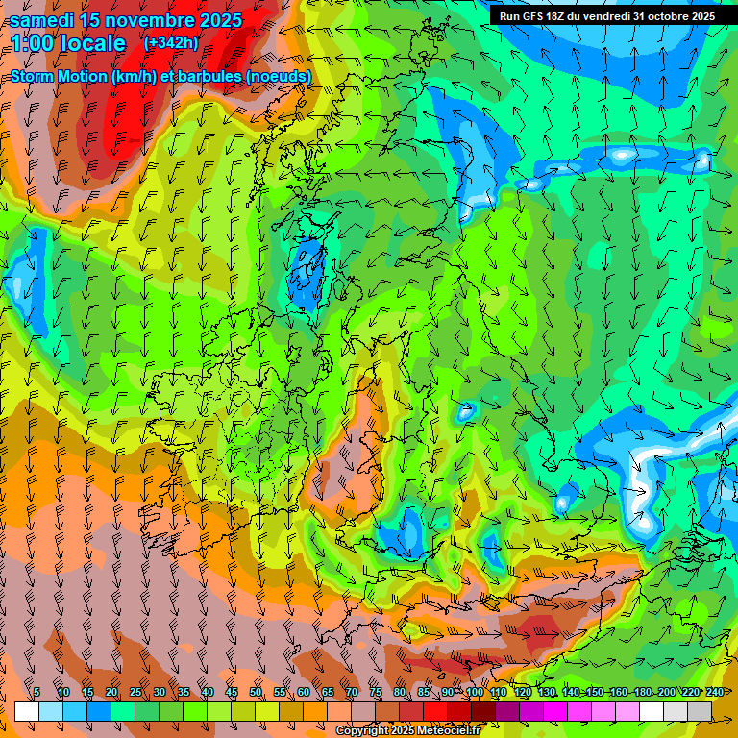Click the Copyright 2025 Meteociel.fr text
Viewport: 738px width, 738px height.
tap(407, 731)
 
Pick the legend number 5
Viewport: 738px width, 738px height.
tap(37, 692)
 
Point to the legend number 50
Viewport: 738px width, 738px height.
tap(256, 692)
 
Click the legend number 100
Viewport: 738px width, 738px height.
tap(475, 692)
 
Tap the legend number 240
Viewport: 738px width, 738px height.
tap(715, 692)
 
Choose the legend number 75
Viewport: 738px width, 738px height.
tap(376, 692)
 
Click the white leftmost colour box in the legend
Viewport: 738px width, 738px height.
tap(27, 711)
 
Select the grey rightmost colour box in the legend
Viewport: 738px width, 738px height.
tap(700, 711)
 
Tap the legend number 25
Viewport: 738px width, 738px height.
tap(135, 692)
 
